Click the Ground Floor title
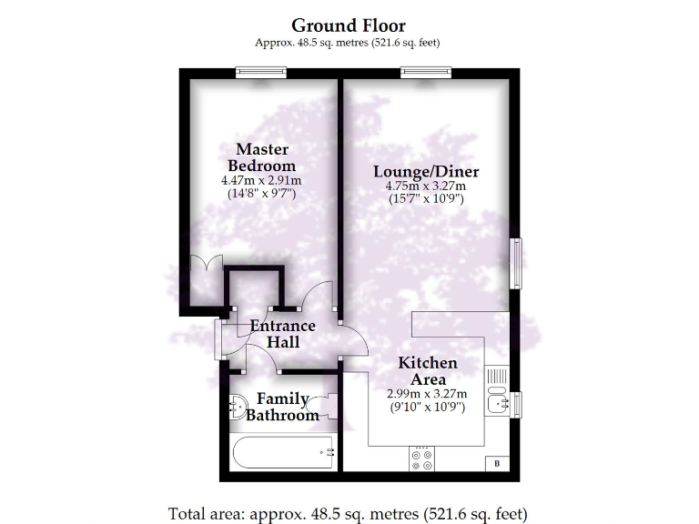pyautogui.click(x=349, y=25)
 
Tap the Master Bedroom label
pyautogui.click(x=261, y=157)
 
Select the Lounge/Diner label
pyautogui.click(x=426, y=171)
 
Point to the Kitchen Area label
pyautogui.click(x=428, y=371)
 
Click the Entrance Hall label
pyautogui.click(x=283, y=334)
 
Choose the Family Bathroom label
pyautogui.click(x=283, y=407)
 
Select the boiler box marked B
pyautogui.click(x=497, y=464)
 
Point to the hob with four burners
pyautogui.click(x=421, y=458)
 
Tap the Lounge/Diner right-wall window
pyautogui.click(x=516, y=265)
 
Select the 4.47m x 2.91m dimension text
pyautogui.click(x=261, y=180)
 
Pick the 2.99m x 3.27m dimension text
pyautogui.click(x=427, y=394)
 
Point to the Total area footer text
pyautogui.click(x=349, y=511)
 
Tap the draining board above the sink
pyautogui.click(x=498, y=375)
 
